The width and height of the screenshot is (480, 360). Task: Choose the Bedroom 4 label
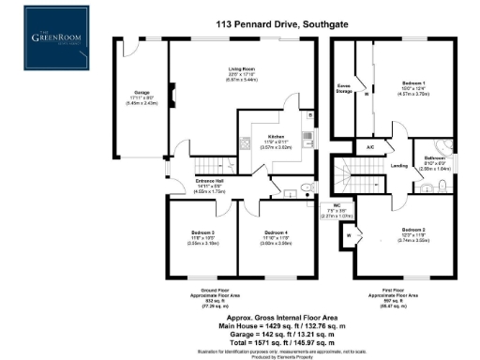click(275, 232)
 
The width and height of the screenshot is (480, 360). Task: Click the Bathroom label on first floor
click(436, 157)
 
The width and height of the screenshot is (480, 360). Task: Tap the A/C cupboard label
click(370, 148)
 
